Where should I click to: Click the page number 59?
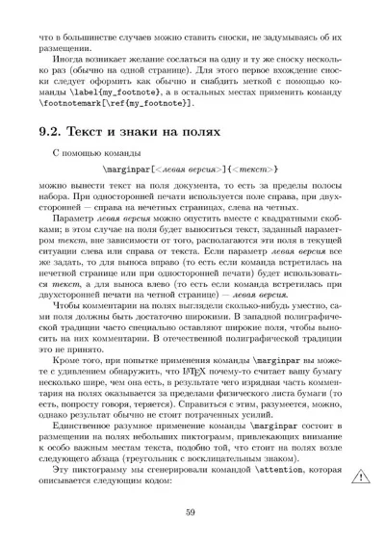(x=192, y=511)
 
